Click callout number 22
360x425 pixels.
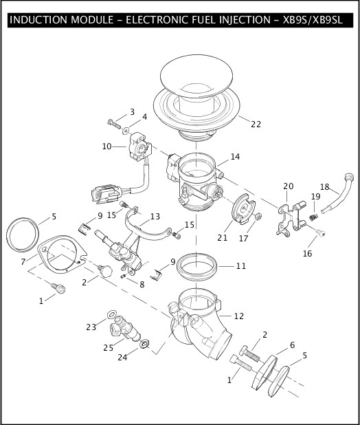(x=256, y=124)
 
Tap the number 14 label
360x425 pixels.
(x=235, y=157)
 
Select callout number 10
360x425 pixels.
(x=106, y=146)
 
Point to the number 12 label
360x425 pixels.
(x=239, y=316)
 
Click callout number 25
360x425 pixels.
(x=108, y=348)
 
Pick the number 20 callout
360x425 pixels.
(x=288, y=186)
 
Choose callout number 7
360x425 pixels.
(x=24, y=262)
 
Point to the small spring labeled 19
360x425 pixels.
(x=315, y=218)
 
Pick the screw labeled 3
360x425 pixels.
(x=113, y=123)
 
